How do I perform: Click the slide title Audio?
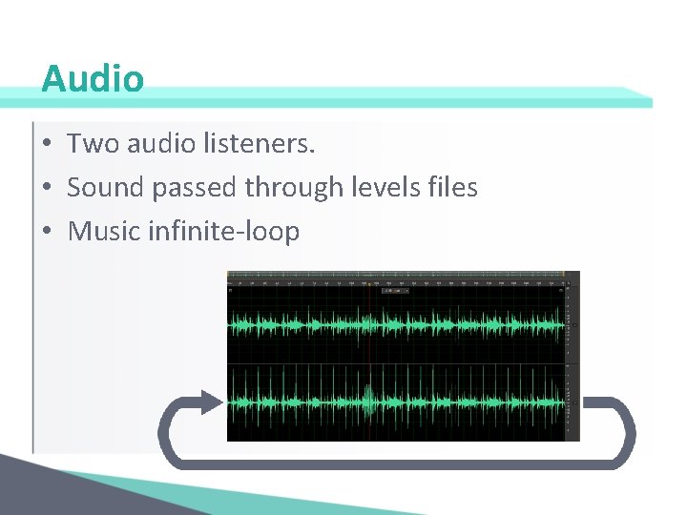[93, 78]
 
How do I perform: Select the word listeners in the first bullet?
[259, 145]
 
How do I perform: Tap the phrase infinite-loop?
[224, 231]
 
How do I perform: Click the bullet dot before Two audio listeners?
[47, 146]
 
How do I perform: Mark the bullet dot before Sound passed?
[47, 189]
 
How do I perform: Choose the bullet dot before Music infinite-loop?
[47, 232]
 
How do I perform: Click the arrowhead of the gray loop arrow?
[212, 403]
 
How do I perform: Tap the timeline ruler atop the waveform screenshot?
[401, 281]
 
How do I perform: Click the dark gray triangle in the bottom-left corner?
[38, 491]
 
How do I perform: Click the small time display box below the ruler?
[393, 291]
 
